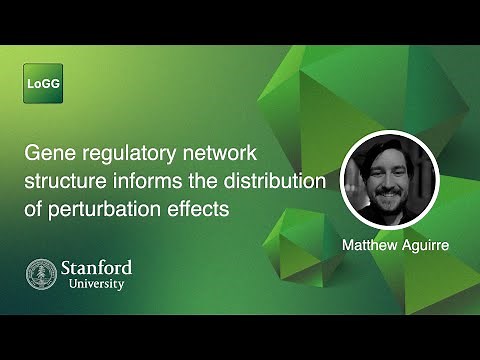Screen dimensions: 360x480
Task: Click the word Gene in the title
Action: [47, 155]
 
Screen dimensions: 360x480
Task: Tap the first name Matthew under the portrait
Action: [369, 244]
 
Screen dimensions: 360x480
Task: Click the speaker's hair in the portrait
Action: [386, 150]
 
